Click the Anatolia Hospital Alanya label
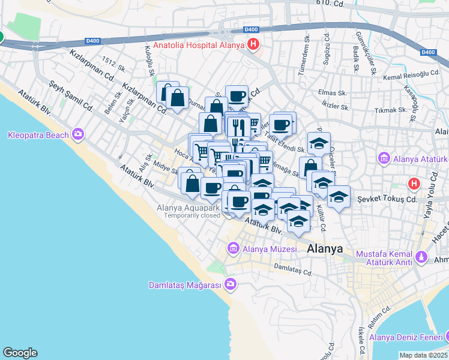click(199, 45)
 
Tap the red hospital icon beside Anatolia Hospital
click(254, 44)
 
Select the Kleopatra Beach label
click(38, 134)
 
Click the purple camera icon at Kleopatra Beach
click(78, 134)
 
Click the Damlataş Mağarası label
click(185, 285)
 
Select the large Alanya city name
click(325, 248)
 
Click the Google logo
click(20, 353)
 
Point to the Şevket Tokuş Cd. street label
click(387, 199)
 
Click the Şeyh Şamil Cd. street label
click(71, 97)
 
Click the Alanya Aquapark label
click(189, 208)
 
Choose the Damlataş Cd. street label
click(293, 269)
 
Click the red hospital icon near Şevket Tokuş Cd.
click(414, 184)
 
